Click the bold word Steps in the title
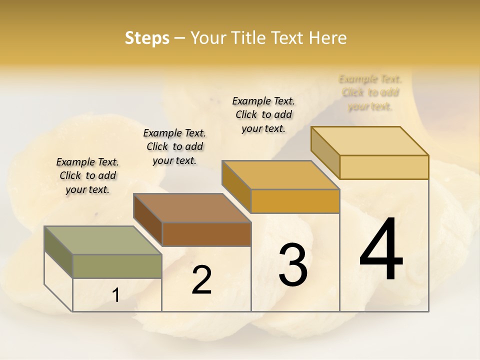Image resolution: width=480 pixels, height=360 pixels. tap(147, 38)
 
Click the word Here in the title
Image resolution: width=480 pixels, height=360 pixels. tap(327, 38)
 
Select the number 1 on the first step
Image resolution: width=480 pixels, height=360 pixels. tap(116, 295)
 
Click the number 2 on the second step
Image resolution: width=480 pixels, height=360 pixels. tap(201, 280)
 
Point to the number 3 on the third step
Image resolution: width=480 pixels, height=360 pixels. tap(293, 265)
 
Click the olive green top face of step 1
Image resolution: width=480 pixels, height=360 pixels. tap(102, 240)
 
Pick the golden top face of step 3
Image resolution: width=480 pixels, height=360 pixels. tap(280, 175)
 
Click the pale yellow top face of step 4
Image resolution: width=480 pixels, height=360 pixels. tap(369, 141)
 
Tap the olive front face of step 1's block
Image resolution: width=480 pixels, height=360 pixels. tap(117, 266)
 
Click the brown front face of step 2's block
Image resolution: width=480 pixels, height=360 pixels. tap(206, 234)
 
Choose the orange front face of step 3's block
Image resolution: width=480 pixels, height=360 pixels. tap(295, 201)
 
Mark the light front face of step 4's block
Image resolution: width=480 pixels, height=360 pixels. tap(384, 167)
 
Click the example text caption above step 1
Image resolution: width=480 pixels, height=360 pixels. tap(87, 175)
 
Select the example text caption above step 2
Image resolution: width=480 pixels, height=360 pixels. tap(174, 146)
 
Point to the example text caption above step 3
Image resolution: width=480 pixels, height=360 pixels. tap(263, 114)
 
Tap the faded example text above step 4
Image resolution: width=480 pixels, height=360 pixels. tap(370, 92)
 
